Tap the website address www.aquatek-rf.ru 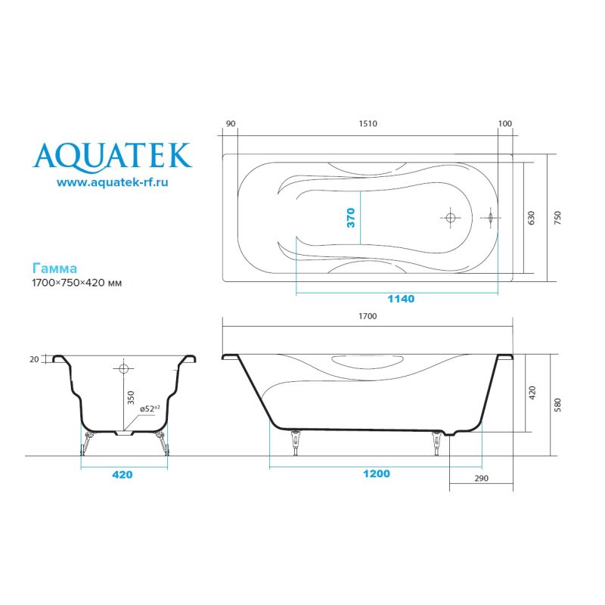112,182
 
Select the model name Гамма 54,268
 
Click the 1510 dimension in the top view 367,124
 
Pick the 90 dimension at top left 231,124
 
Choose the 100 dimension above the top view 505,124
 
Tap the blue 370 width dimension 351,218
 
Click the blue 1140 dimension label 400,299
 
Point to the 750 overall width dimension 557,218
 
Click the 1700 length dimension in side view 367,317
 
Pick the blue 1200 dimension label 376,474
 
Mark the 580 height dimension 557,405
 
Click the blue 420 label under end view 123,476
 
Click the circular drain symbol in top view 451,218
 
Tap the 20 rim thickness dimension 34,360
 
